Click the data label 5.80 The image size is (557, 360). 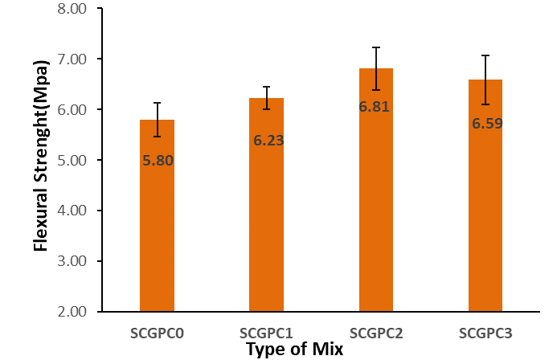158,160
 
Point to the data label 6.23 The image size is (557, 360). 268,141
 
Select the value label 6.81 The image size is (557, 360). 374,106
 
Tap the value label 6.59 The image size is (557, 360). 487,124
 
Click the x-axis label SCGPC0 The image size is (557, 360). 158,333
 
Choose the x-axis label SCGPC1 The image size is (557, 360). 266,333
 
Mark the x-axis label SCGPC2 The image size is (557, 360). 376,333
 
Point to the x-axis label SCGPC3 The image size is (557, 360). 485,333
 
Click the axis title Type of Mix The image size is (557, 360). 294,350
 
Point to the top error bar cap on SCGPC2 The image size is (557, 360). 376,47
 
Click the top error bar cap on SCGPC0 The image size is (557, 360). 158,103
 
